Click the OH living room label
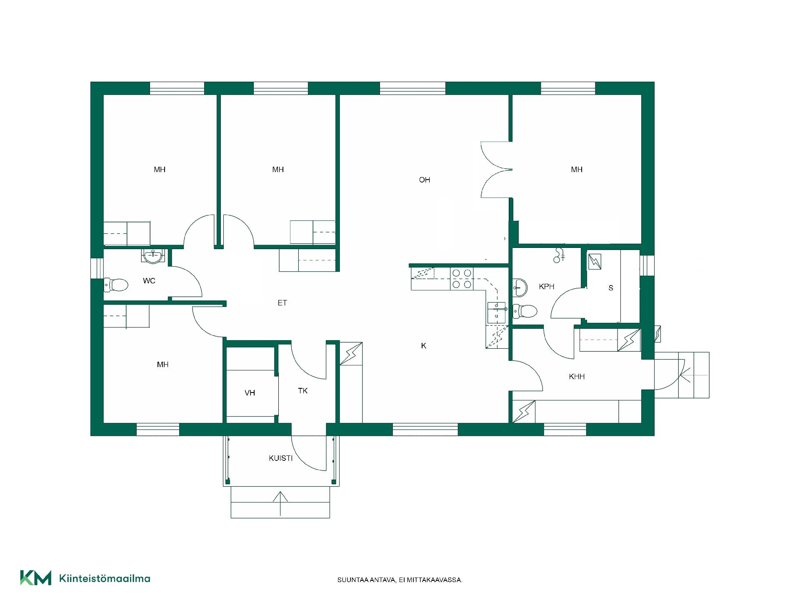point(424,180)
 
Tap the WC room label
point(149,281)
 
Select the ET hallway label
point(282,303)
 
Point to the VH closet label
point(250,393)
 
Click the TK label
point(303,391)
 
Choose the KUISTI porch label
point(281,458)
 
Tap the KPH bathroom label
point(547,287)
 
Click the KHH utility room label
point(577,377)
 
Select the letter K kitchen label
point(423,346)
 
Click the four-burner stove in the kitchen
point(462,279)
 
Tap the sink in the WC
point(154,256)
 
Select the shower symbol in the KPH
point(559,255)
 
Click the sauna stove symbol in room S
point(595,262)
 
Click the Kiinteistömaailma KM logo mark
point(36,577)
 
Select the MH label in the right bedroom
point(577,170)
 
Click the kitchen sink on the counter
point(496,312)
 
